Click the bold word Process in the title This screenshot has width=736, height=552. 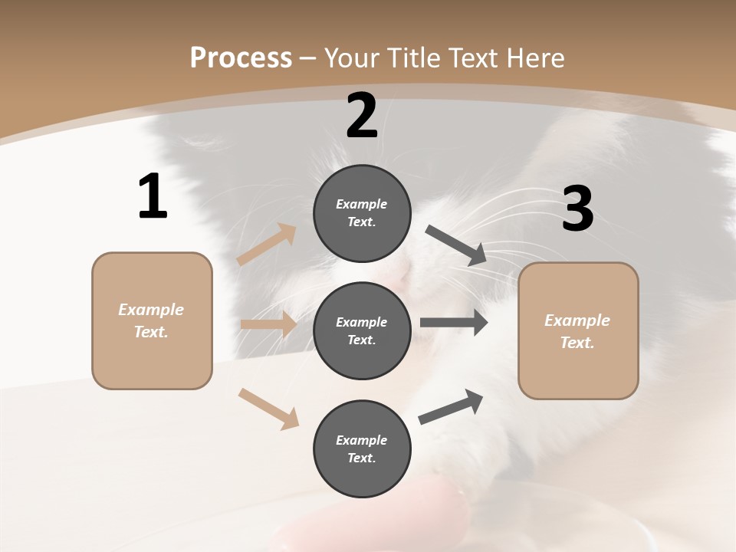tap(241, 58)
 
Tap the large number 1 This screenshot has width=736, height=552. tap(153, 197)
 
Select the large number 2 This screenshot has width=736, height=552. tap(362, 116)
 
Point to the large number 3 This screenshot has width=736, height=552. tap(578, 209)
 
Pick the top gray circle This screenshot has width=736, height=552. tap(362, 213)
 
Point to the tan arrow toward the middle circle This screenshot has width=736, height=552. tap(268, 324)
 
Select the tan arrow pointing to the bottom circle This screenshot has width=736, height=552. tap(268, 409)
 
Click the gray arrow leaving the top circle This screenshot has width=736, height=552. tap(456, 245)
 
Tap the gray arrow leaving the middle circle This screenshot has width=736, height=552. tap(453, 323)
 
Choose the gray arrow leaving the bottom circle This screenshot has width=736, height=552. tap(451, 406)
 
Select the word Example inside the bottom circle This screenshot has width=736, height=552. tap(362, 440)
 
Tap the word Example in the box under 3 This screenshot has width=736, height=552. tap(577, 320)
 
